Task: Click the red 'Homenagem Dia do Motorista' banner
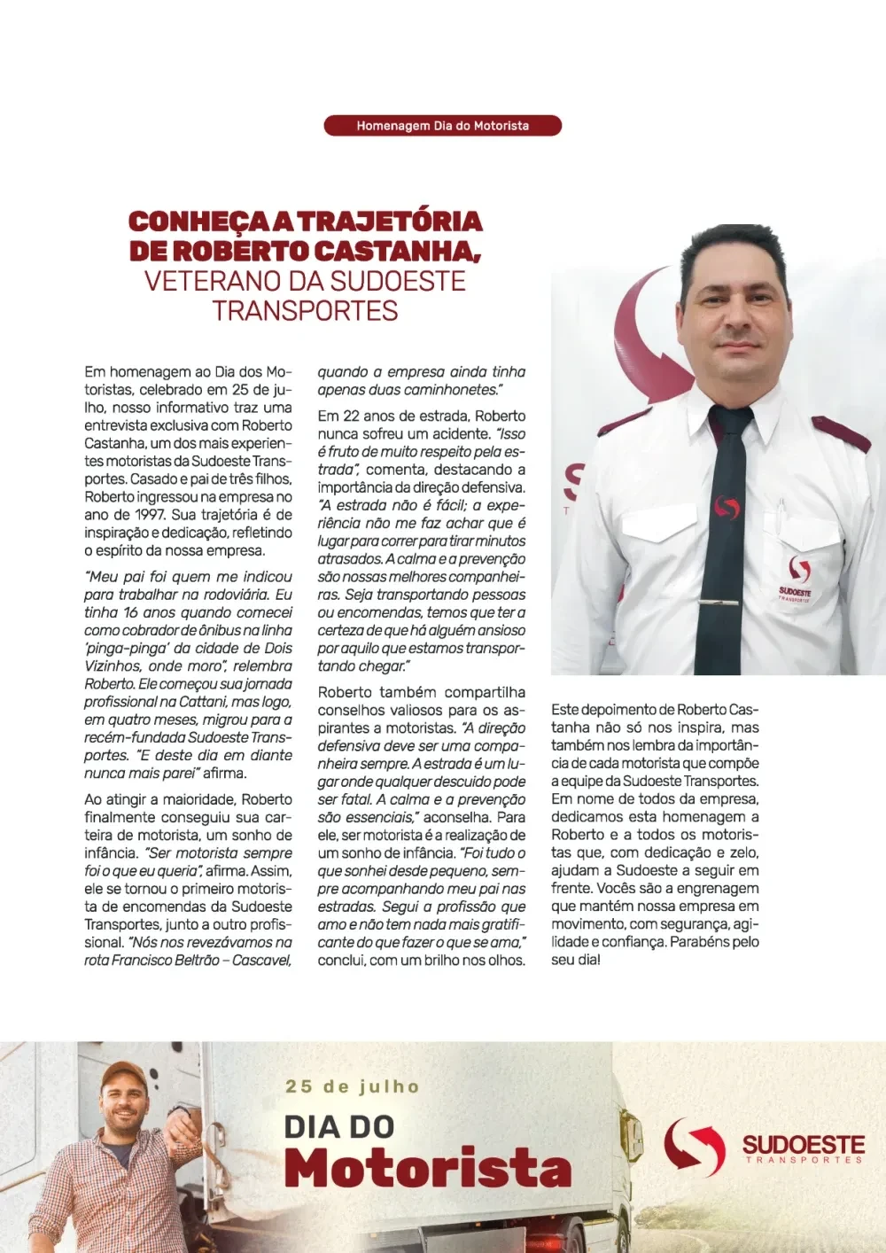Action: tap(442, 126)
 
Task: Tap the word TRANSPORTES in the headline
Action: tap(305, 311)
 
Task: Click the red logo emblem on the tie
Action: tap(727, 508)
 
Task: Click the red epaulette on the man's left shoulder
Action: tap(840, 432)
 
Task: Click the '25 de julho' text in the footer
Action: tap(352, 1086)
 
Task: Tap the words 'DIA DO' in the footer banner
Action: tap(338, 1127)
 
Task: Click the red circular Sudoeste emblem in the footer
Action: tap(695, 1147)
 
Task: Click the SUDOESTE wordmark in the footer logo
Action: tap(803, 1144)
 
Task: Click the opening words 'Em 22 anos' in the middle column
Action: tap(355, 416)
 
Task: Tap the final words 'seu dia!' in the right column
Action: tap(576, 960)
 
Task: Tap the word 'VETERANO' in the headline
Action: tap(208, 282)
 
